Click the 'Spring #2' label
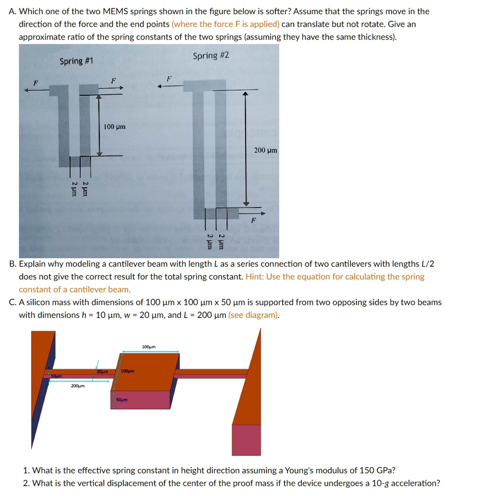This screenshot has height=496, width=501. [211, 55]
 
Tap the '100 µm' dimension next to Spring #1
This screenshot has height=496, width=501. [114, 127]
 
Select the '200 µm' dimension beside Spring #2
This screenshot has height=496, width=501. [266, 150]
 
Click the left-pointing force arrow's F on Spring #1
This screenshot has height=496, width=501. [35, 83]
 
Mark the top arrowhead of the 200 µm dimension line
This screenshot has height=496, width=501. [246, 94]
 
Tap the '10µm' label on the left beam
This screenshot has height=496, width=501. [57, 377]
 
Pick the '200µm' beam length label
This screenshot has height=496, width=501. [78, 386]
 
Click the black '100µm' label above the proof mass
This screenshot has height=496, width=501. [149, 347]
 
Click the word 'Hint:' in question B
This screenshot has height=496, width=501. [255, 277]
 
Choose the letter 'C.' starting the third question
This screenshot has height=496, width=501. [13, 302]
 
